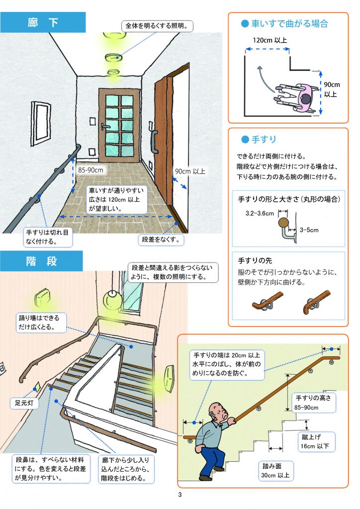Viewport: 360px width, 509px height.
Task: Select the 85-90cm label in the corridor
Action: [91, 170]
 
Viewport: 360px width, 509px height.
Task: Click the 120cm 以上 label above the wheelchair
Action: [270, 40]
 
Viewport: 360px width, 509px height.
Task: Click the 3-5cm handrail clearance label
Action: [309, 230]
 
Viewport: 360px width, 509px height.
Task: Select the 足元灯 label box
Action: [24, 404]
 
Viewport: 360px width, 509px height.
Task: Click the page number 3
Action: [180, 495]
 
